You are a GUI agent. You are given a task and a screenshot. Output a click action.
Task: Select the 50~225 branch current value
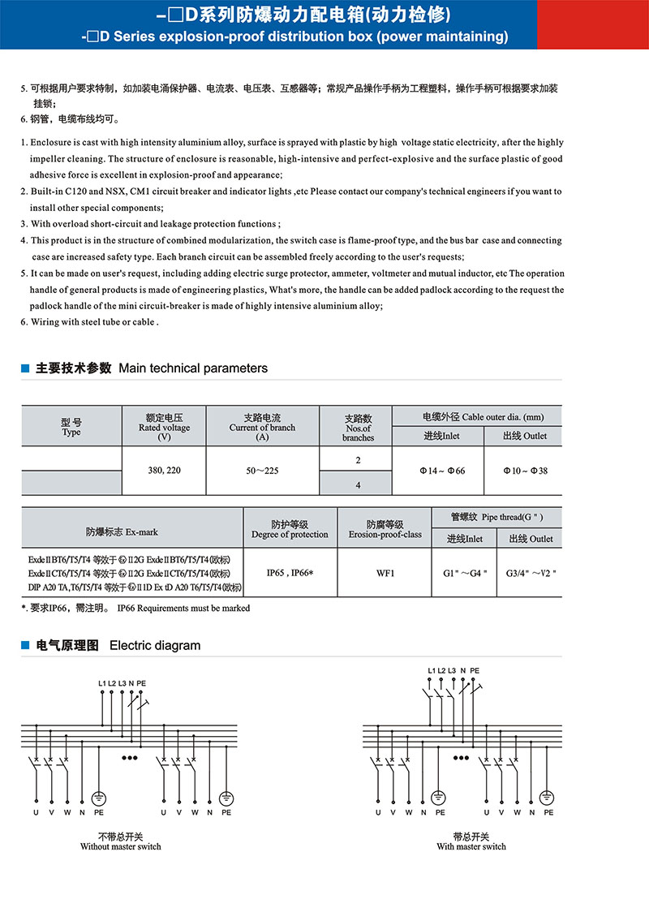[262, 470]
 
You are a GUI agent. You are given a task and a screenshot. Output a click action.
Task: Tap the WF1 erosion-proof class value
[385, 573]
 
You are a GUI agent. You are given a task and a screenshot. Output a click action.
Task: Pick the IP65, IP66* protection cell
[290, 573]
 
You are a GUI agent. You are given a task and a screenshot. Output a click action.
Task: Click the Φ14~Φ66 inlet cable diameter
[437, 470]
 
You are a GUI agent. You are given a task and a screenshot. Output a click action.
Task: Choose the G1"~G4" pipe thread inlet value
[464, 573]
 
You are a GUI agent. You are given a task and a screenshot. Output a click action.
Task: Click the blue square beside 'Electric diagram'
[25, 646]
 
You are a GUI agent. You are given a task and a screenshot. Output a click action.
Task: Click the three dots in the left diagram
[129, 757]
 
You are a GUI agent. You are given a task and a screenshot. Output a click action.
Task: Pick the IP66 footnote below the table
[135, 608]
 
